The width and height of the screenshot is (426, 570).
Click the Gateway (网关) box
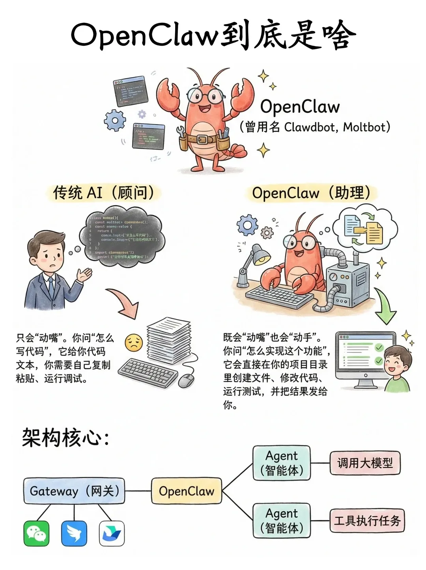point(74,491)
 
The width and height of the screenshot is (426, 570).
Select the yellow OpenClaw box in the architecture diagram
point(186,491)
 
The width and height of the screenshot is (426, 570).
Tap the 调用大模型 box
point(365,463)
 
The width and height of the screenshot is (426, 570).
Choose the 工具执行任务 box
point(367,520)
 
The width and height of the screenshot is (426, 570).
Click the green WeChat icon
point(36,533)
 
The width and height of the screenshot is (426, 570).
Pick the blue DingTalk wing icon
point(74,533)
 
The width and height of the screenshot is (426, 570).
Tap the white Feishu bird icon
point(112,533)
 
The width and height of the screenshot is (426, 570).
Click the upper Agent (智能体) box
point(282,463)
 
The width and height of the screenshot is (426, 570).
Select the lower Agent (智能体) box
point(282,520)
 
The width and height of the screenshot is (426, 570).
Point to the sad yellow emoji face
point(133,343)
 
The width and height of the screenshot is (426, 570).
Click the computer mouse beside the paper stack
point(187,380)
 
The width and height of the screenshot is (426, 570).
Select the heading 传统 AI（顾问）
point(103,193)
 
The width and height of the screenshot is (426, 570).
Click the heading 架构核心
point(65,438)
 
